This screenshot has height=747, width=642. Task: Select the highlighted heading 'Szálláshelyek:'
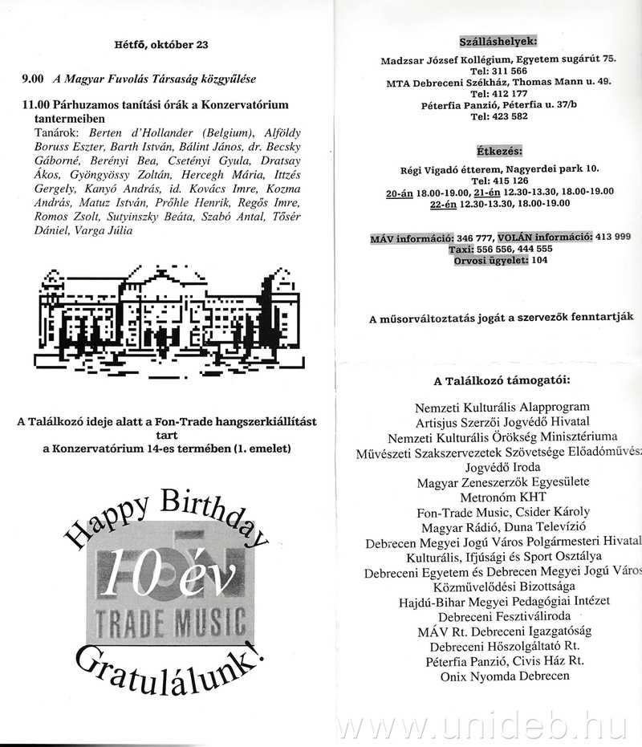click(x=498, y=42)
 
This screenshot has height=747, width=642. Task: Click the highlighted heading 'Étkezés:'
click(x=498, y=152)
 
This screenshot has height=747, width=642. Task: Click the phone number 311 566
click(x=509, y=71)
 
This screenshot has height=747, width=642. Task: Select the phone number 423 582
click(x=509, y=116)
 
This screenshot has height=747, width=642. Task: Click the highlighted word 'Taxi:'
click(x=465, y=249)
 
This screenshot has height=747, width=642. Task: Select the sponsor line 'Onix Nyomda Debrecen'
click(x=504, y=676)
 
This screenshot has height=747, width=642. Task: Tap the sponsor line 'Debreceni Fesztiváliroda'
click(x=504, y=615)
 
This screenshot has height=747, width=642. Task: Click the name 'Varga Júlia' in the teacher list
click(x=104, y=231)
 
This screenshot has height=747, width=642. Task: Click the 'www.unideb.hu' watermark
click(x=481, y=726)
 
